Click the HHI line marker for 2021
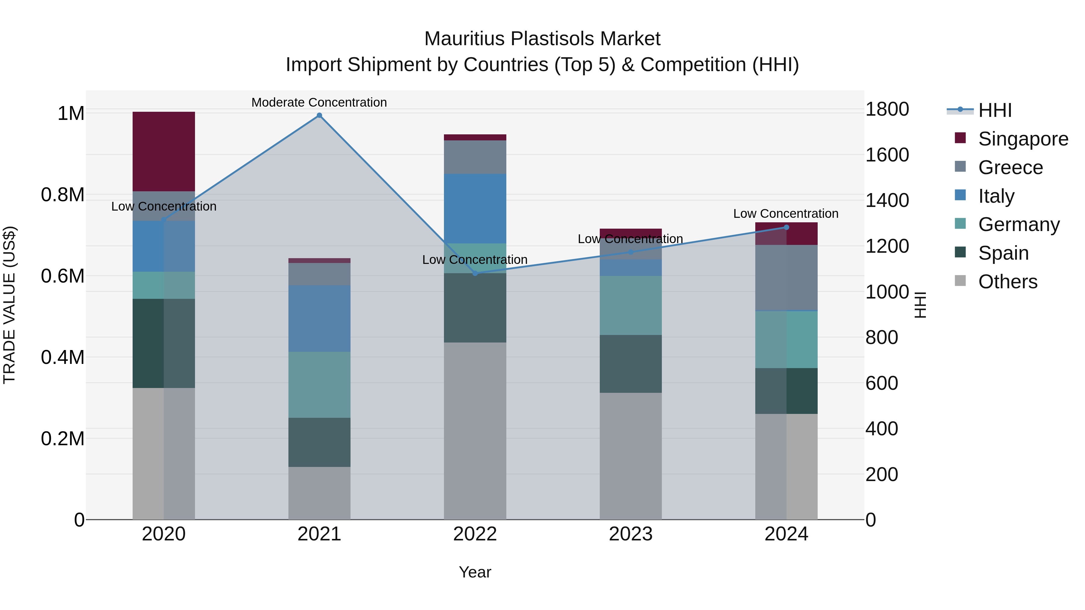click(x=319, y=115)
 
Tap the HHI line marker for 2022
click(x=475, y=273)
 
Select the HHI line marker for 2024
click(x=786, y=227)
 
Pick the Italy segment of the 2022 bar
click(x=475, y=208)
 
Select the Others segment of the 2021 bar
click(x=319, y=493)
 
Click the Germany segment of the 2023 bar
click(x=631, y=305)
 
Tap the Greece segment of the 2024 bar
click(x=786, y=277)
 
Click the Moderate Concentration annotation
click(x=319, y=102)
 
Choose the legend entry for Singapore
click(x=1023, y=139)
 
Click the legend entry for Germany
click(x=1018, y=224)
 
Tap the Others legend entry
click(x=1008, y=282)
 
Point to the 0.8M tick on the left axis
click(x=62, y=195)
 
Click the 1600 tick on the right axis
click(x=887, y=155)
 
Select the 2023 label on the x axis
click(x=631, y=534)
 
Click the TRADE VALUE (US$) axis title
click(x=9, y=305)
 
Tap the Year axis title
click(x=475, y=572)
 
